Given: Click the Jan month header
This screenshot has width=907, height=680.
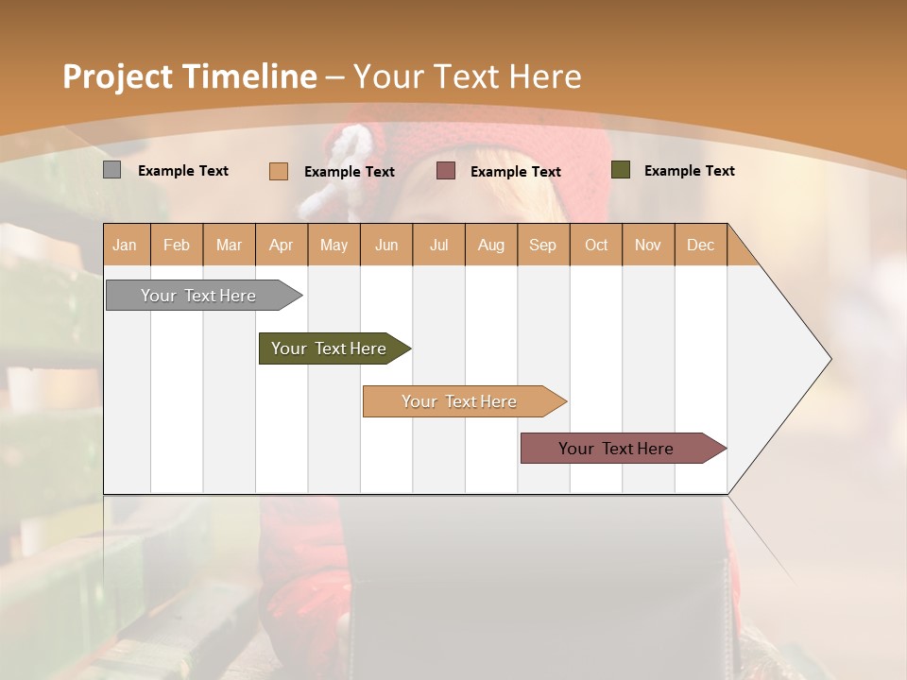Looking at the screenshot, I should click(x=126, y=245).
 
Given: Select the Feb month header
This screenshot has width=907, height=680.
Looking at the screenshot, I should click(x=177, y=245).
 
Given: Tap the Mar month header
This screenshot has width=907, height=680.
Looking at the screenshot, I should click(x=229, y=245).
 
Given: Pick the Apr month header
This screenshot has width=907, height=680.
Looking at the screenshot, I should click(x=282, y=245).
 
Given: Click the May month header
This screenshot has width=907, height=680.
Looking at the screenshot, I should click(x=334, y=245).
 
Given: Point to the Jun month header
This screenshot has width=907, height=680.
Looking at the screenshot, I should click(x=386, y=245).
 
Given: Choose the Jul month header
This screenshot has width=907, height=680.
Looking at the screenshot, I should click(x=438, y=245).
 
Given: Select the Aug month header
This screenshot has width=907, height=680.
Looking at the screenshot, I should click(x=491, y=245).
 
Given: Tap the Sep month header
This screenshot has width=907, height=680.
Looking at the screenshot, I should click(x=543, y=245).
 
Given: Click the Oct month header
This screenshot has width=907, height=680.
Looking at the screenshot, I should click(x=596, y=245).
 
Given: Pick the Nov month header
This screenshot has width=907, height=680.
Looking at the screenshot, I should click(x=648, y=245).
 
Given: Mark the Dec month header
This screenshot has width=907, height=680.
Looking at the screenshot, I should click(x=701, y=245).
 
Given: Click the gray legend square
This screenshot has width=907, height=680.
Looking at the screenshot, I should click(x=111, y=170).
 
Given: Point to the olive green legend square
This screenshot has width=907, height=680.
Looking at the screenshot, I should click(x=620, y=170).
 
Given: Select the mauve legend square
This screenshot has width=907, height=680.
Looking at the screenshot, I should click(x=446, y=171).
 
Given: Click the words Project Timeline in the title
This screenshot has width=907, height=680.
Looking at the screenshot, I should click(x=189, y=76).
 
